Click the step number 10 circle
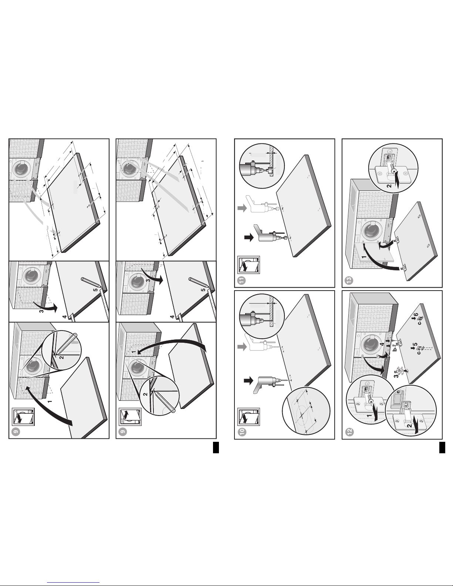click(x=243, y=432)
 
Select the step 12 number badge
click(x=350, y=432)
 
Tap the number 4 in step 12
click(x=382, y=344)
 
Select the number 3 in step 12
click(x=396, y=375)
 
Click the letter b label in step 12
click(x=394, y=349)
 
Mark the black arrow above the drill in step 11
click(x=249, y=238)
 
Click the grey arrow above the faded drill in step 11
click(x=242, y=208)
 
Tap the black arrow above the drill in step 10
click(x=249, y=380)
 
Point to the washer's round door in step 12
click(x=371, y=345)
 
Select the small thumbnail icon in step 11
click(x=249, y=265)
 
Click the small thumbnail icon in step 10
click(x=249, y=417)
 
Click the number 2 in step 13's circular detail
click(x=389, y=186)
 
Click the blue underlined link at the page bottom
click(x=73, y=583)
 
